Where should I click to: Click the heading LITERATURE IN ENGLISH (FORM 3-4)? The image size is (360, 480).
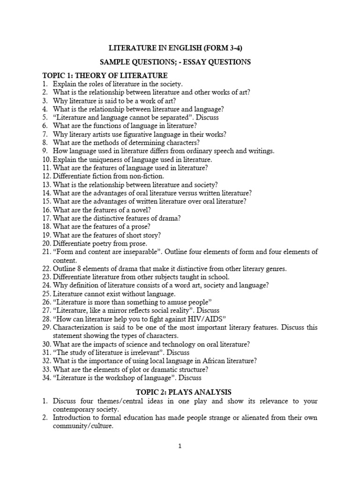pos(180,48)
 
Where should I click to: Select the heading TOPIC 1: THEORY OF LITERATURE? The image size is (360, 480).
pos(105,75)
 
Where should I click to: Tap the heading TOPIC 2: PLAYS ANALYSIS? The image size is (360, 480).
pos(180,391)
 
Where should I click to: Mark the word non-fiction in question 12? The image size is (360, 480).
pos(147,176)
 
